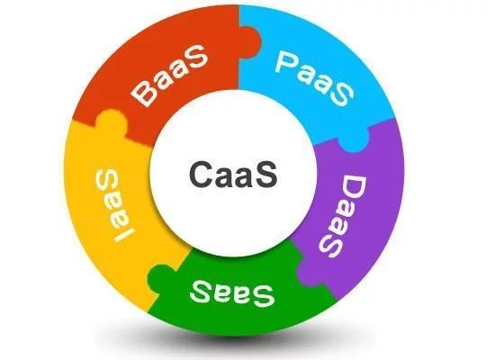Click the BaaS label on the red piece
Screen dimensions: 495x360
(x=170, y=76)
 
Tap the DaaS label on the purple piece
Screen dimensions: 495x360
(x=344, y=217)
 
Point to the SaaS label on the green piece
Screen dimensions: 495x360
(x=232, y=293)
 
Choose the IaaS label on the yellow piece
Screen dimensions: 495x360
(x=114, y=204)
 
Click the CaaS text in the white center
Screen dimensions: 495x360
(x=233, y=174)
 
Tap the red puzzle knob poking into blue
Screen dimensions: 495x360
(x=251, y=42)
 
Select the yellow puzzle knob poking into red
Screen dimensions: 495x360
(x=111, y=122)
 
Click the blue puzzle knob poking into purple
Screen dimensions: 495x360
(x=354, y=144)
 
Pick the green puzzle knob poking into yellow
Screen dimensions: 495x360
(x=159, y=279)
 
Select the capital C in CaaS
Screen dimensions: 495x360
(x=200, y=174)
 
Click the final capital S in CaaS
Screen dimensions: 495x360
(x=267, y=174)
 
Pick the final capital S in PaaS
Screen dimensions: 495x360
(x=342, y=94)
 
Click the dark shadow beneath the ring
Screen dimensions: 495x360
(x=235, y=340)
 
